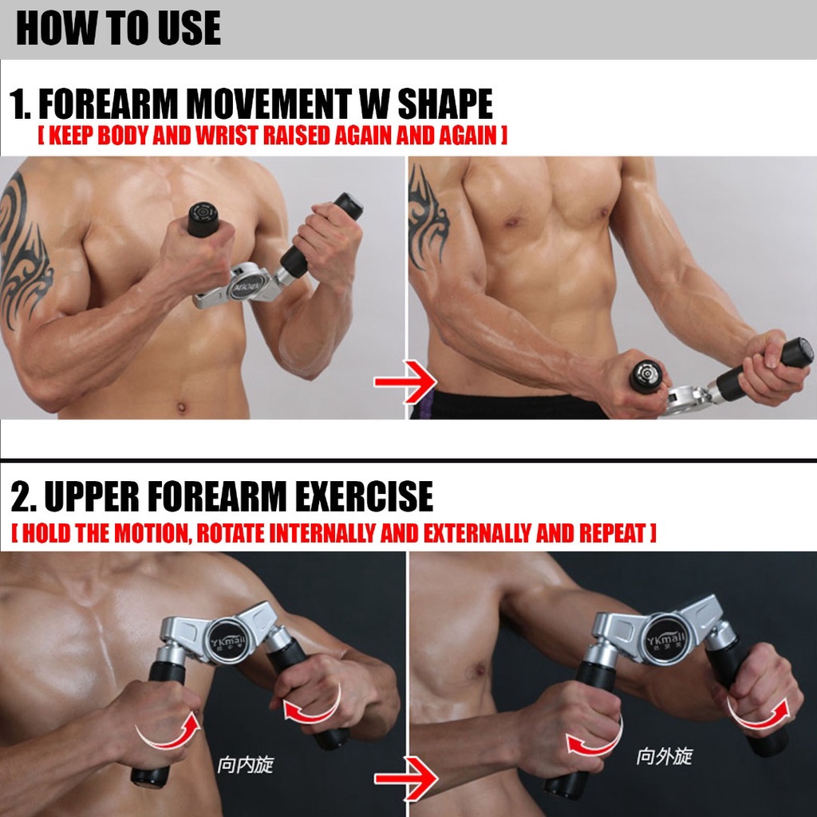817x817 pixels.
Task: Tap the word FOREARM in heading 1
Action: pyautogui.click(x=109, y=104)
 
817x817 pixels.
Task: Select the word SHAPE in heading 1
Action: pyautogui.click(x=445, y=104)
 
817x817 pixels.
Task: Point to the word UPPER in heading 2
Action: pyautogui.click(x=92, y=496)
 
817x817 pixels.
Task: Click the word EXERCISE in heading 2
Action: pyautogui.click(x=364, y=496)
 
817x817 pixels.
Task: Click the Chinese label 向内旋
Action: pyautogui.click(x=245, y=765)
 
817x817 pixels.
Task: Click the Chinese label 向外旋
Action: pyautogui.click(x=664, y=756)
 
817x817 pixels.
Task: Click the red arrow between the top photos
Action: pyautogui.click(x=405, y=382)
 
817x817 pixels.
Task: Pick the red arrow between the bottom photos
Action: pyautogui.click(x=405, y=779)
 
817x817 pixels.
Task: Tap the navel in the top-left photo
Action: pyautogui.click(x=181, y=406)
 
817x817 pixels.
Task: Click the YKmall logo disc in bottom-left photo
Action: pyautogui.click(x=225, y=641)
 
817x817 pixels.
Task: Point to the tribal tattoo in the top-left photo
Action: pyautogui.click(x=23, y=250)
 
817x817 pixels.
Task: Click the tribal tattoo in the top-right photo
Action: pyautogui.click(x=428, y=219)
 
